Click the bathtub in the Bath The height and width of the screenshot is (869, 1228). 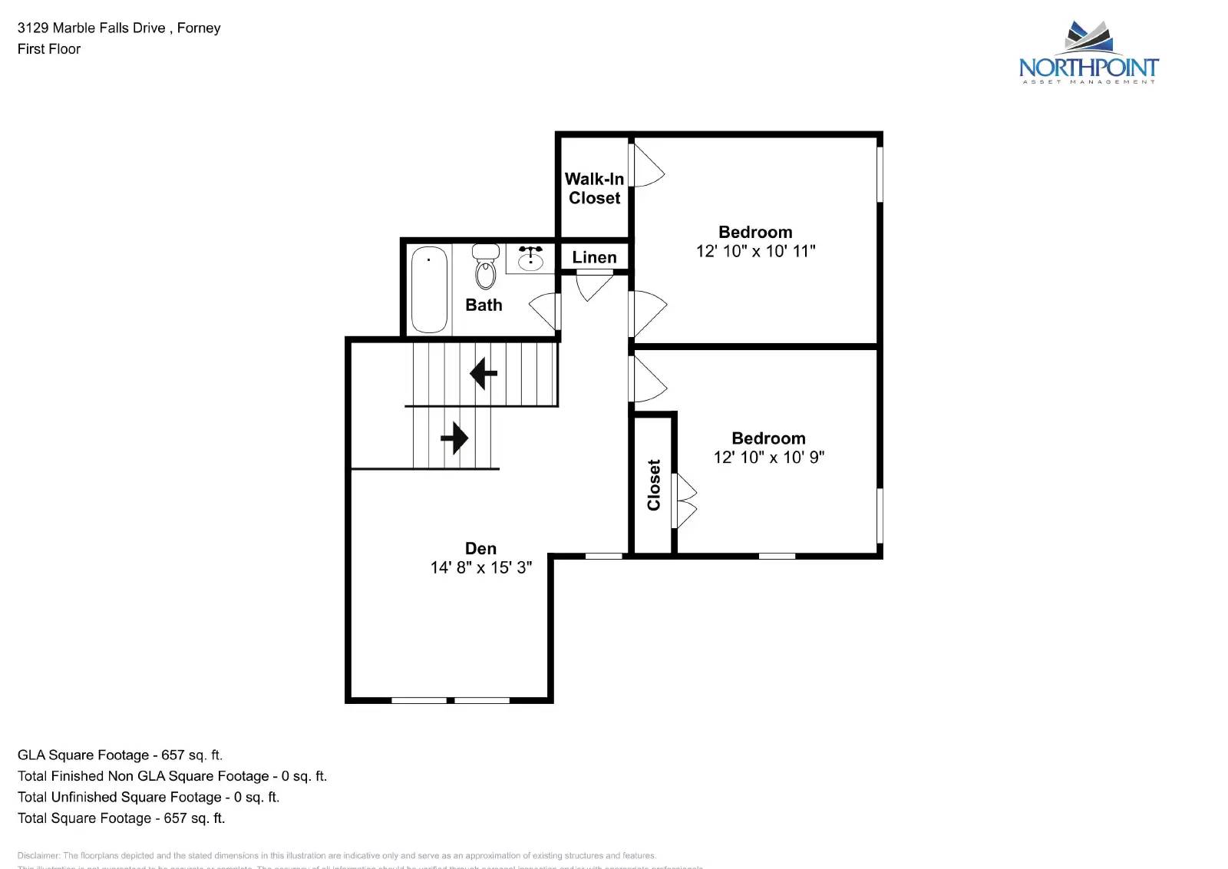(429, 289)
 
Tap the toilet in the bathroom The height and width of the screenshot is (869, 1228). (485, 266)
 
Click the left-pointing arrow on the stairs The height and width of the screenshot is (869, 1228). (484, 374)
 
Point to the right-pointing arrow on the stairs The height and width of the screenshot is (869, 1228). (454, 438)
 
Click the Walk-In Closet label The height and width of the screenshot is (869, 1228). (594, 188)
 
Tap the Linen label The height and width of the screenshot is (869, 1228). (594, 257)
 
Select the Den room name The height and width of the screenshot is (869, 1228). (480, 548)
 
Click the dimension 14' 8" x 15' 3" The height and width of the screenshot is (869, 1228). (480, 568)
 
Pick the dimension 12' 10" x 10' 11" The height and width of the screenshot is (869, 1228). (755, 251)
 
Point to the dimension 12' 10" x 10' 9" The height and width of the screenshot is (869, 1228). (768, 458)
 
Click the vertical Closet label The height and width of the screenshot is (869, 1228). (654, 484)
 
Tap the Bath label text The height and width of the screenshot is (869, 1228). (484, 305)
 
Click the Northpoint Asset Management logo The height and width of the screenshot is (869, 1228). (1088, 54)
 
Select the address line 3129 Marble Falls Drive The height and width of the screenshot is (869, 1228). (119, 28)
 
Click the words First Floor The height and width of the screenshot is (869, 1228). (49, 49)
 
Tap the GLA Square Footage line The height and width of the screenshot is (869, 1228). (120, 755)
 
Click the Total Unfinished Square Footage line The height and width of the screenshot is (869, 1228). (148, 797)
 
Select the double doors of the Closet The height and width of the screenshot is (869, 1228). (685, 501)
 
